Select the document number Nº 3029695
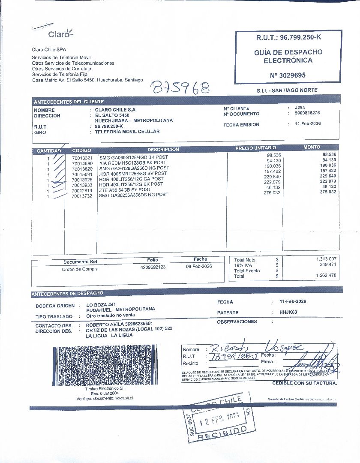pos(288,75)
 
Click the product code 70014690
pos(82,163)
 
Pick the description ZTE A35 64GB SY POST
pos(125,189)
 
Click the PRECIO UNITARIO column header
pos(255,148)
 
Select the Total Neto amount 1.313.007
pos(326,259)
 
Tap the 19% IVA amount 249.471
pos(328,265)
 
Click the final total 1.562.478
pos(326,275)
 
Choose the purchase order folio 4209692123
pos(153,267)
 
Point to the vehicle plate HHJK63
pos(288,312)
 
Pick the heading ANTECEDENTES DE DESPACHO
pos(67,294)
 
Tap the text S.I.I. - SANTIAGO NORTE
pos(287,90)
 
